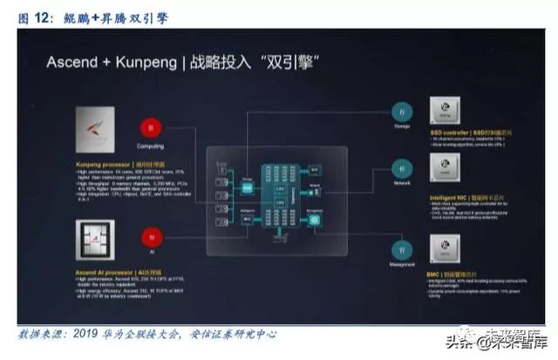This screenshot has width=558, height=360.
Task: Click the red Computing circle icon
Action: (151, 128)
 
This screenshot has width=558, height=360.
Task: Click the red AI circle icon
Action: (151, 234)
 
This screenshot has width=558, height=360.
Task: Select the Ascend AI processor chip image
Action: (93, 235)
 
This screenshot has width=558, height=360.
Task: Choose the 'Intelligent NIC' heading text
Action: (451, 198)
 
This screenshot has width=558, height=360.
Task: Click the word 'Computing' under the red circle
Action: (151, 146)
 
